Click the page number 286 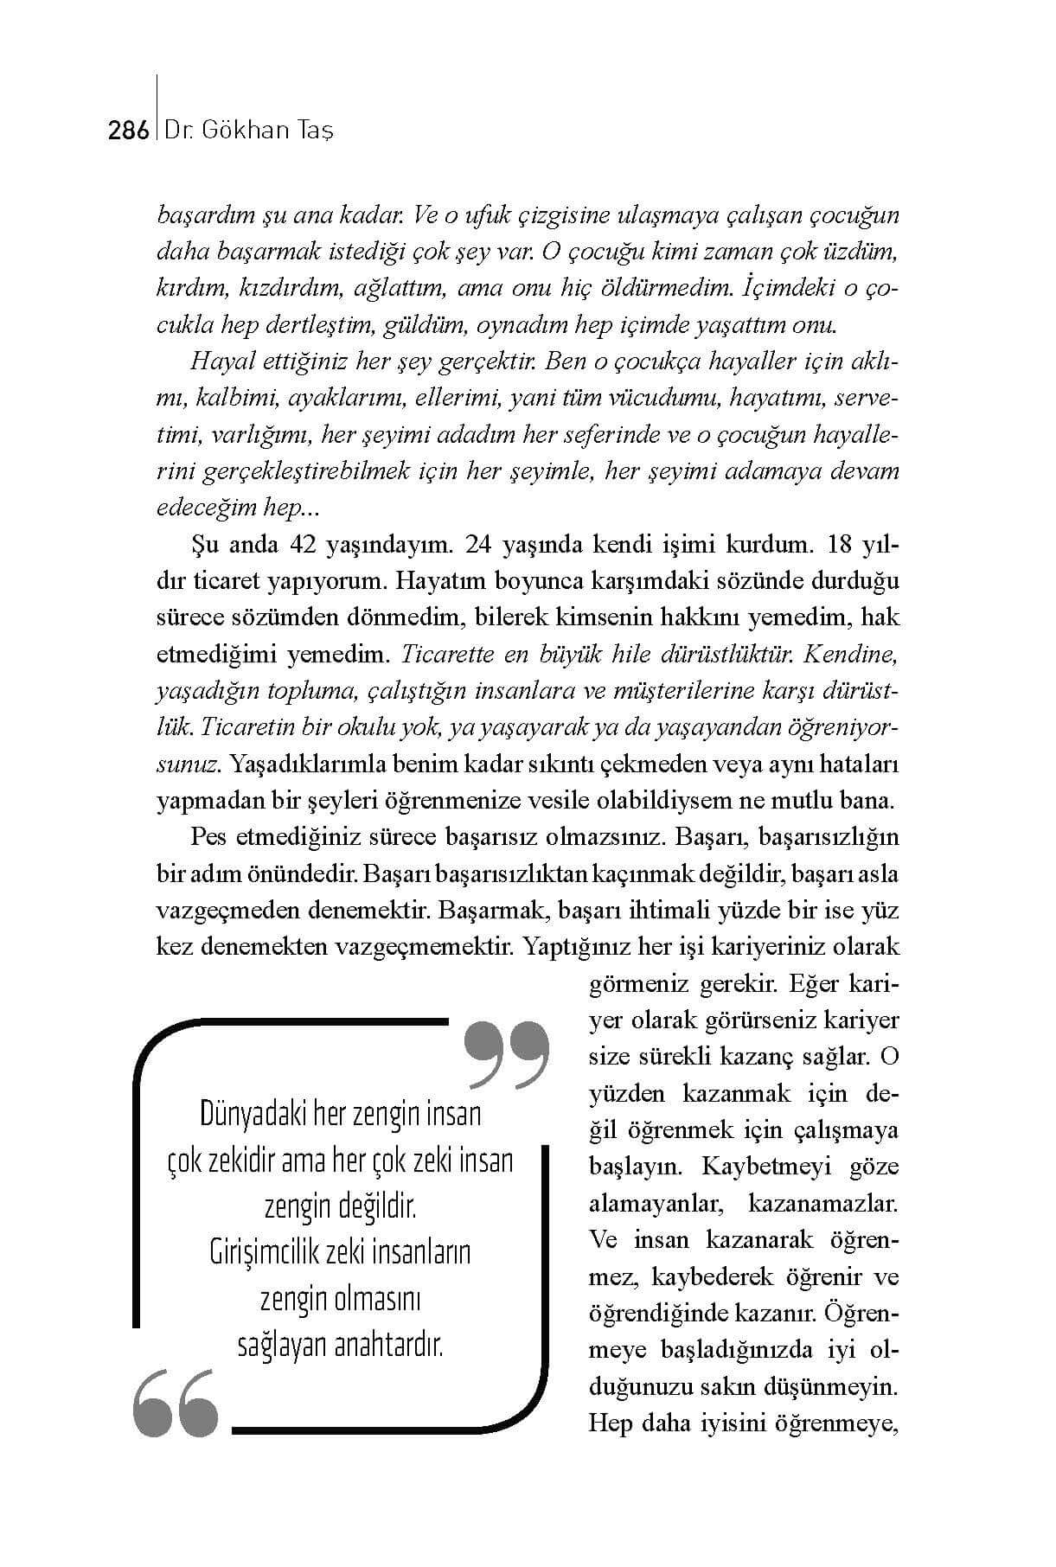pos(129,131)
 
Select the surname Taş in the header pos(314,131)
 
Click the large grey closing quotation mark pos(507,1054)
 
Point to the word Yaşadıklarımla pos(311,764)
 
